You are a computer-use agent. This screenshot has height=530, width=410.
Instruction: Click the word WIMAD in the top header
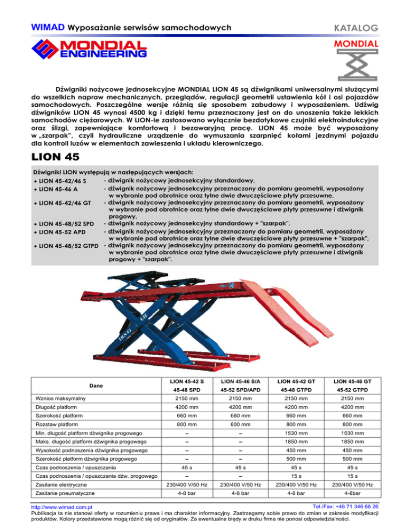pyautogui.click(x=48, y=26)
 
